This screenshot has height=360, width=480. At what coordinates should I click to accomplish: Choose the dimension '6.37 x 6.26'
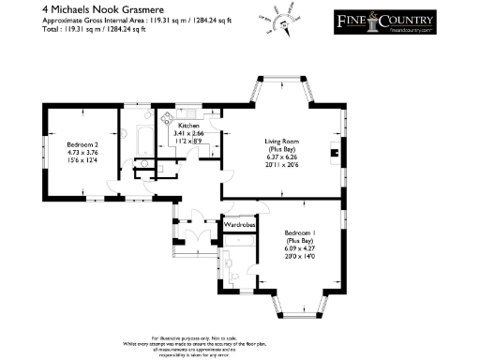(x=280, y=157)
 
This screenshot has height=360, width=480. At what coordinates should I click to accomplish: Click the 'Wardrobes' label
(x=239, y=226)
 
